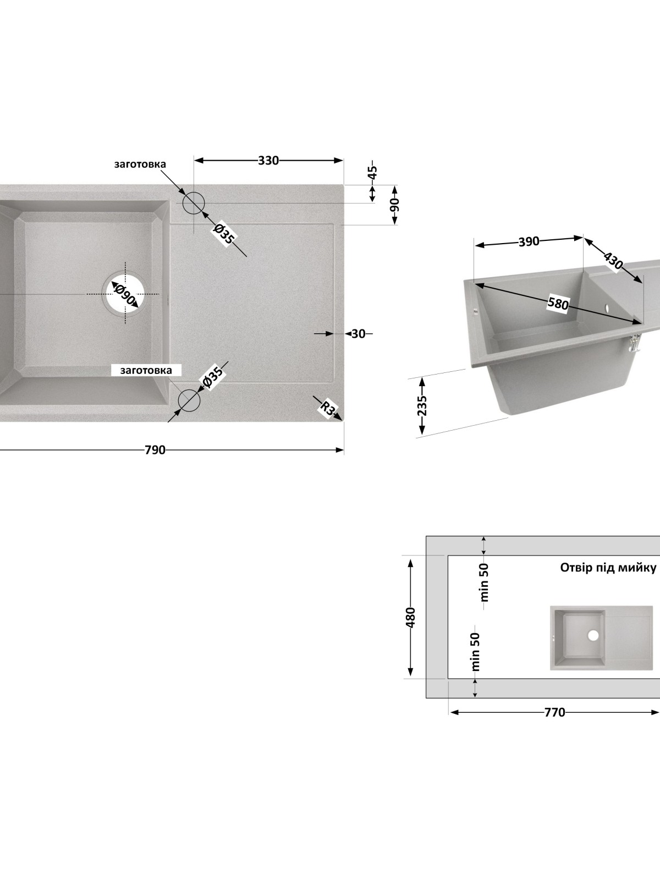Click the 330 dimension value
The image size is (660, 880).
point(268,161)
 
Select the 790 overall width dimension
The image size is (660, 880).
point(155,450)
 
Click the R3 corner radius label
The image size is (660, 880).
point(328,409)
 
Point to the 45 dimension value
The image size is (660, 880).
point(373,172)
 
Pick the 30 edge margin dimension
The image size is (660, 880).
point(358,333)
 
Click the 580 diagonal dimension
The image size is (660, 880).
point(558,304)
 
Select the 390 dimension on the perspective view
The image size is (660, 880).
point(529,242)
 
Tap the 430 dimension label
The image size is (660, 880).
point(613,261)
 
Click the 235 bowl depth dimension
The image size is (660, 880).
point(422,406)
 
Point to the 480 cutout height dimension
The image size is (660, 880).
point(410,617)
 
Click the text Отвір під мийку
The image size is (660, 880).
point(608,568)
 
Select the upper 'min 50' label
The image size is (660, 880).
point(485,582)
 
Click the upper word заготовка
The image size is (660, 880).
point(140,164)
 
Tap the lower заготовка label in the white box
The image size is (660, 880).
point(146,371)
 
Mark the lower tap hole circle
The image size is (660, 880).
point(189,400)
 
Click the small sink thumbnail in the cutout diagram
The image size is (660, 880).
point(602,638)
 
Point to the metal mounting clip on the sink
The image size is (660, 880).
point(634,343)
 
